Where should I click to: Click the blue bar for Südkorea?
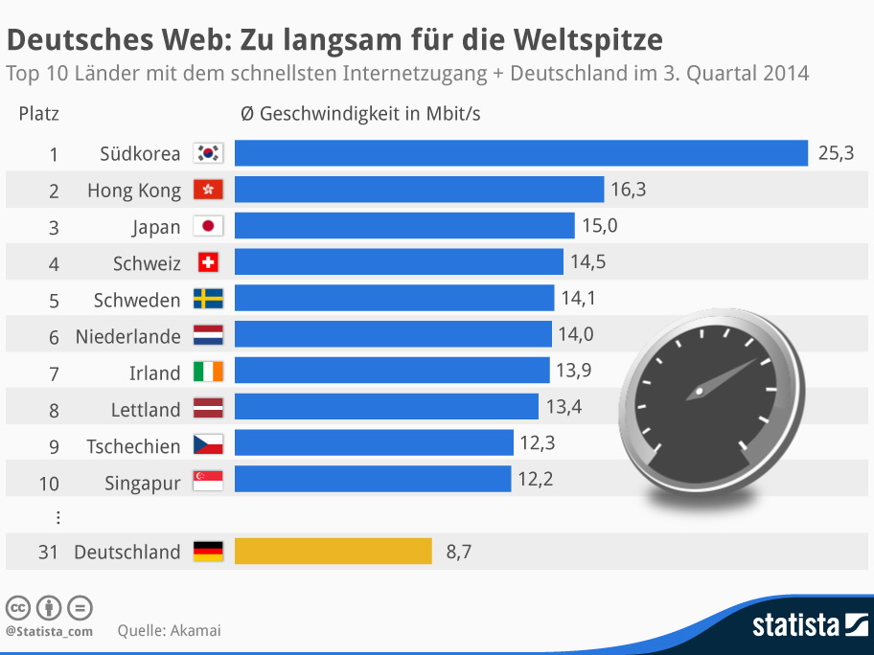(521, 153)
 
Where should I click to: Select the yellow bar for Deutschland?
(333, 552)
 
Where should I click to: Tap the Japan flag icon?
(208, 226)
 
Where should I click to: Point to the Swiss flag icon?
(208, 262)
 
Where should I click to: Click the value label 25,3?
(836, 153)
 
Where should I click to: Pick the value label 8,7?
(458, 552)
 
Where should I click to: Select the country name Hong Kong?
(133, 191)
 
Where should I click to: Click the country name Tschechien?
(133, 446)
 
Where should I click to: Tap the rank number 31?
(49, 553)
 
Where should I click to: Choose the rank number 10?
(49, 484)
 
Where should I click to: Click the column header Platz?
(38, 114)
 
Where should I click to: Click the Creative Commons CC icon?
(18, 608)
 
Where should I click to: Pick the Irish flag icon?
(208, 372)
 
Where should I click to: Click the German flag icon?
(208, 551)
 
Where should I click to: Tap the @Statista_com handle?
(49, 631)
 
